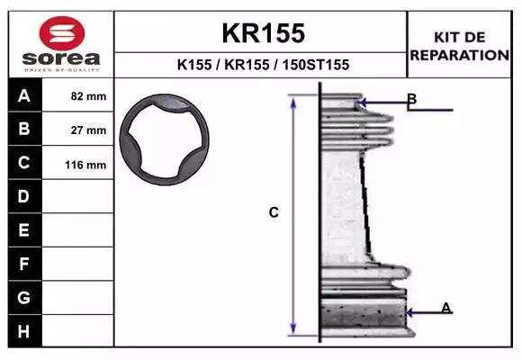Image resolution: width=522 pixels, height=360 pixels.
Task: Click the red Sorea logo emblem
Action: pyautogui.click(x=62, y=33)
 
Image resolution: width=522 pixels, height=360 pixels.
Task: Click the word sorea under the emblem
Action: pyautogui.click(x=61, y=58)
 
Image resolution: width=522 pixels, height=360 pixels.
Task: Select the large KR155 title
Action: pyautogui.click(x=264, y=33)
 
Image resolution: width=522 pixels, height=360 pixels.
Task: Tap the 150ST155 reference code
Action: pyautogui.click(x=316, y=65)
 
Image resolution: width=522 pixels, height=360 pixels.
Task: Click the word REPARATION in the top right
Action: pyautogui.click(x=460, y=55)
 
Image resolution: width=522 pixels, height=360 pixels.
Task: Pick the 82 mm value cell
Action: pyautogui.click(x=78, y=95)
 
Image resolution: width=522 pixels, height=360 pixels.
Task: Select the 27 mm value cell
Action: pyautogui.click(x=78, y=129)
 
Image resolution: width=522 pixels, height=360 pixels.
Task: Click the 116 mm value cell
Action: pyautogui.click(x=78, y=163)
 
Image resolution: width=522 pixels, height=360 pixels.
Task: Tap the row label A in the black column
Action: pyautogui.click(x=24, y=96)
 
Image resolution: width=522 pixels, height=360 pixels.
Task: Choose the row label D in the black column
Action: pyautogui.click(x=23, y=196)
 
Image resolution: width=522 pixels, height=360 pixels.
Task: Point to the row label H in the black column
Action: pyautogui.click(x=23, y=331)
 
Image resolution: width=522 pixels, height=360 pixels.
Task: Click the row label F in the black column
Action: pyautogui.click(x=23, y=264)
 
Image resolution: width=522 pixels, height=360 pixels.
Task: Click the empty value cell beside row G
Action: pyautogui.click(x=78, y=298)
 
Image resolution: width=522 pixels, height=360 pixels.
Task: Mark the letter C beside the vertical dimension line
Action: pyautogui.click(x=274, y=212)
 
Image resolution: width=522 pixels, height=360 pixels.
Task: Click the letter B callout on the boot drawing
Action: pyautogui.click(x=412, y=99)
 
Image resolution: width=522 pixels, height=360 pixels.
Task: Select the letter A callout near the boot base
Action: pyautogui.click(x=446, y=308)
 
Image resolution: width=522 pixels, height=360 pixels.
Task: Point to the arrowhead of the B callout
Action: pyautogui.click(x=363, y=103)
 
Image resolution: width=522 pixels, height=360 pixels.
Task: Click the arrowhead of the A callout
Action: pyautogui.click(x=409, y=312)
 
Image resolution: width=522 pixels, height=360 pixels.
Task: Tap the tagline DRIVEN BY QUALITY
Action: pyautogui.click(x=61, y=70)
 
